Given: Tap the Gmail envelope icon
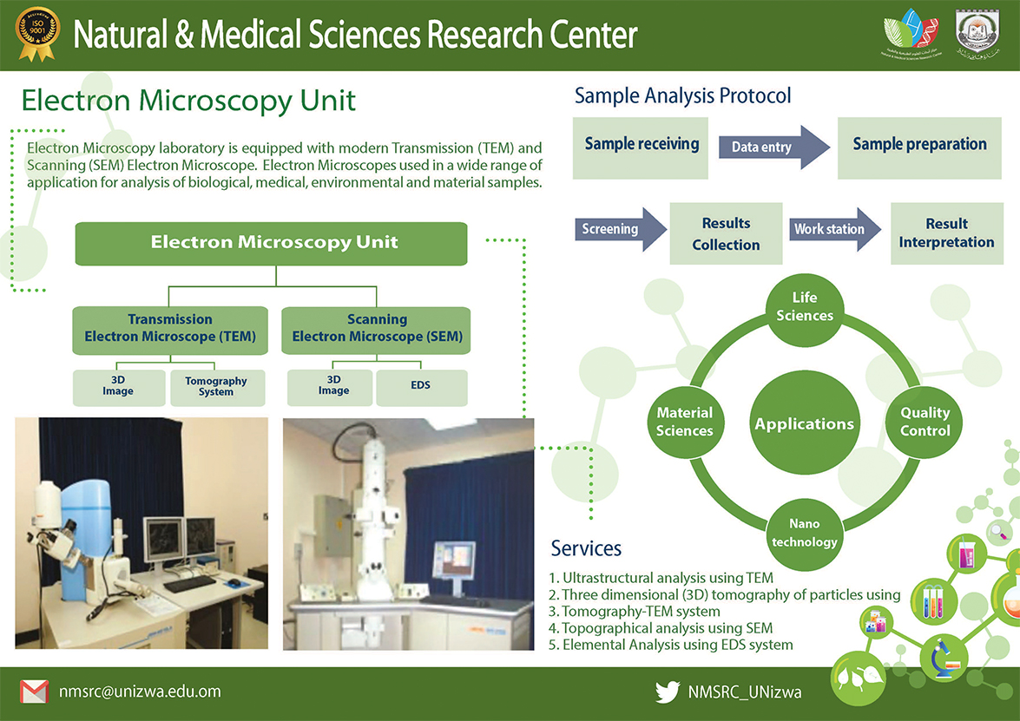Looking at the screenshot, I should (x=34, y=692).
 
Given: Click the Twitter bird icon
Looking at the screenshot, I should (x=668, y=692).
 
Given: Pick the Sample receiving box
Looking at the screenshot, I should (x=642, y=144).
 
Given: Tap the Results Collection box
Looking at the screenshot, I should (x=726, y=234).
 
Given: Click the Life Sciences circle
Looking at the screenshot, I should (x=805, y=307).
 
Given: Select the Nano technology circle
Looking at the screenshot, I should (x=805, y=533).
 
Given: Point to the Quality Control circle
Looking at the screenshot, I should (x=925, y=422).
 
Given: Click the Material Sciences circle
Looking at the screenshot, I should (x=684, y=422).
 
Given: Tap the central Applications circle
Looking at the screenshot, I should (x=805, y=423).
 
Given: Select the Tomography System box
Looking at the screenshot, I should (x=216, y=387).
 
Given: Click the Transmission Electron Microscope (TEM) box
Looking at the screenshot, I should (x=170, y=329).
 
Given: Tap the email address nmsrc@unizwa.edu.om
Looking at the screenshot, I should (x=140, y=692).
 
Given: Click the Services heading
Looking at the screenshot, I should (x=586, y=548).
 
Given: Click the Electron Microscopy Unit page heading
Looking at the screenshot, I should (x=188, y=100).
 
